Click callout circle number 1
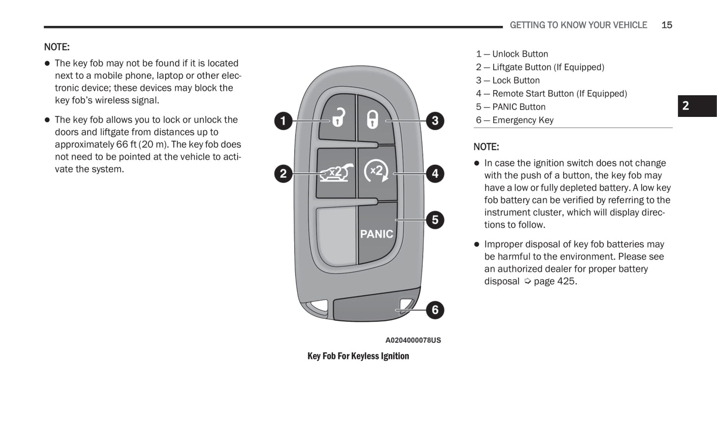tap(283, 120)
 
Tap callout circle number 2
tap(283, 173)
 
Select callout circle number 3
tap(435, 120)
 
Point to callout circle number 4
tap(435, 173)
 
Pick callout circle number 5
tap(435, 220)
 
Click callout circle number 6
tap(435, 310)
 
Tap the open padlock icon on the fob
tap(338, 118)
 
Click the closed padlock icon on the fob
tap(372, 119)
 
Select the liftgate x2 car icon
tap(336, 172)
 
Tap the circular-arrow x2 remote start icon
tap(376, 171)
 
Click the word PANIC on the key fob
tap(376, 234)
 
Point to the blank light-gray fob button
tap(336, 234)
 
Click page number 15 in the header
tap(666, 25)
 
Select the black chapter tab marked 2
tap(697, 106)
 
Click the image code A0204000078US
tap(413, 340)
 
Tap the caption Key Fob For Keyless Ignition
tap(358, 356)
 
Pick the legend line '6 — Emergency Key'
tap(515, 120)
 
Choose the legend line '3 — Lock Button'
tap(508, 80)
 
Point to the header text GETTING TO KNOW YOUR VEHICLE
tap(578, 25)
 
